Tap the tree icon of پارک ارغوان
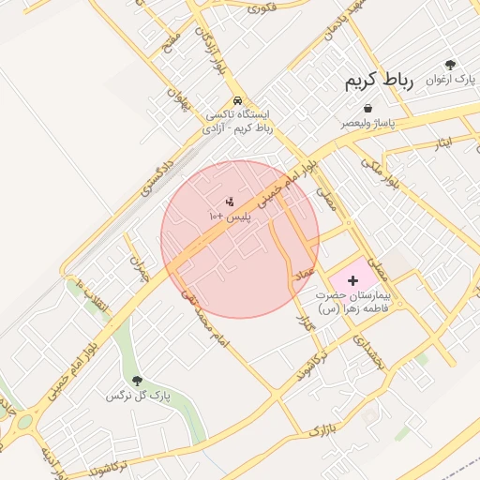(x=451, y=65)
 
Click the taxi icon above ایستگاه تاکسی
(x=238, y=100)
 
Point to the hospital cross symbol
(x=352, y=280)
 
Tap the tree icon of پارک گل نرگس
(x=138, y=381)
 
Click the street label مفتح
(x=171, y=41)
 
